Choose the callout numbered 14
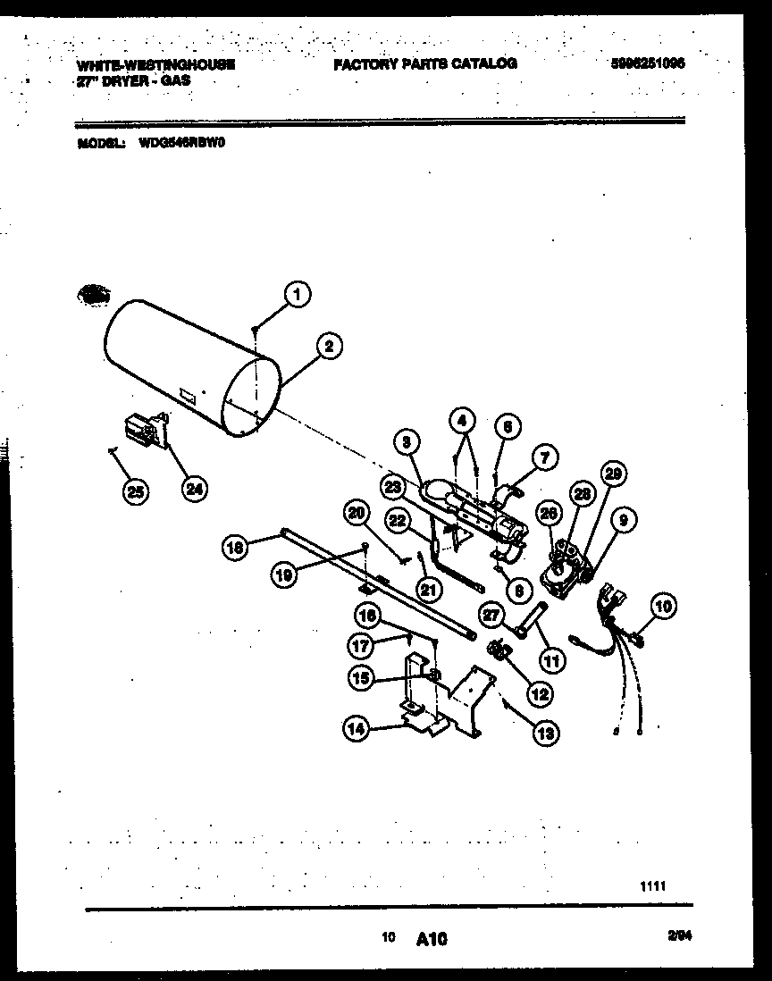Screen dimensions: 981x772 point(357,728)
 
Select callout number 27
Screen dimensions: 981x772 point(491,614)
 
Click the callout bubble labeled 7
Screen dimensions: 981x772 point(546,457)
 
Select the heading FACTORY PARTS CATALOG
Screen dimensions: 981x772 point(425,64)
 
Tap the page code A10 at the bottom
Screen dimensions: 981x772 point(432,938)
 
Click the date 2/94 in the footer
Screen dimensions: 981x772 point(679,936)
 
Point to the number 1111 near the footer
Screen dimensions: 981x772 point(654,885)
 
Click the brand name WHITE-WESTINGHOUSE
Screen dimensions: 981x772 point(156,64)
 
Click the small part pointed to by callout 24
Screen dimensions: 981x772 point(145,430)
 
